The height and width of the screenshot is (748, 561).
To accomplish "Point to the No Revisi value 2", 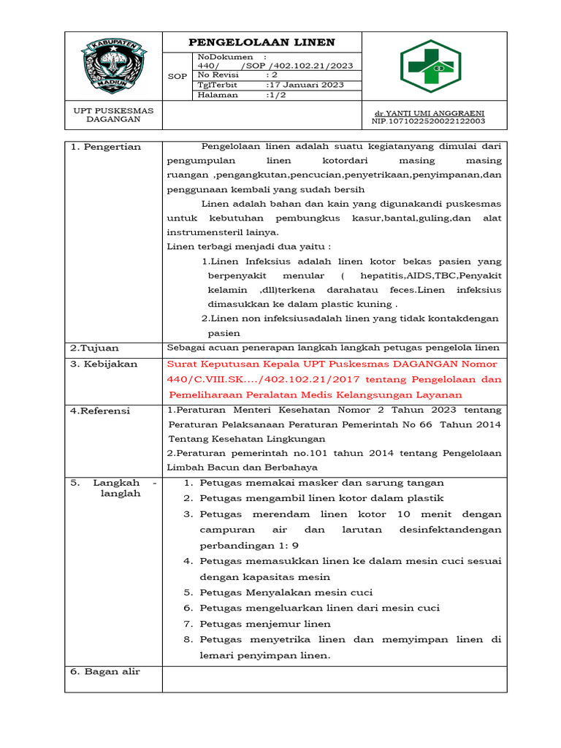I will (272, 75).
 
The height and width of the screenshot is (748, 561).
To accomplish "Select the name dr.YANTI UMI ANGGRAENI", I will (429, 114).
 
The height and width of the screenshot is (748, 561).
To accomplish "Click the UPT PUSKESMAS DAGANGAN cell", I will (113, 115).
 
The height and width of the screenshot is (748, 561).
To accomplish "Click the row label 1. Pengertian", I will (106, 147).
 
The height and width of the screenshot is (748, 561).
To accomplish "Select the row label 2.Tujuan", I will (94, 348).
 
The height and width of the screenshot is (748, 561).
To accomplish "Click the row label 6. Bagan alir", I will (105, 671).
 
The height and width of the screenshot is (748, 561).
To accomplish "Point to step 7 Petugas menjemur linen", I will (265, 624).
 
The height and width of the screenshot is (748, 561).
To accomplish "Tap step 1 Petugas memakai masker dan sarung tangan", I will (321, 483).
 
